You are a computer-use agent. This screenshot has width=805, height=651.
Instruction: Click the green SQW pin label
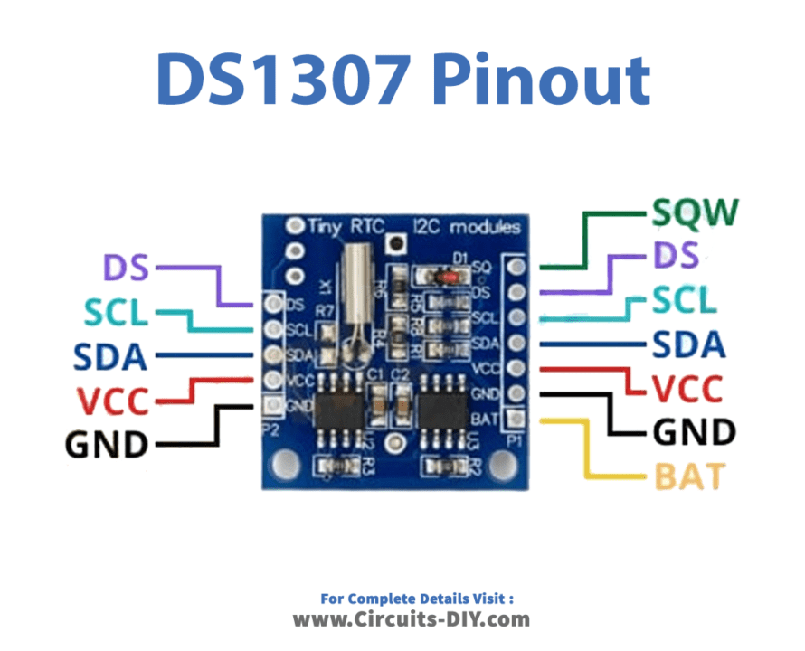695,212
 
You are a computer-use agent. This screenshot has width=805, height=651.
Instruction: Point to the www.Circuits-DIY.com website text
411,619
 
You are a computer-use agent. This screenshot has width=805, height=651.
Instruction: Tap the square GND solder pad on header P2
270,404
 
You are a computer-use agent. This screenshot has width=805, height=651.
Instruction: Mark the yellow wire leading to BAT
587,452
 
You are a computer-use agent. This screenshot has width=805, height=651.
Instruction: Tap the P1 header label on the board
514,442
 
